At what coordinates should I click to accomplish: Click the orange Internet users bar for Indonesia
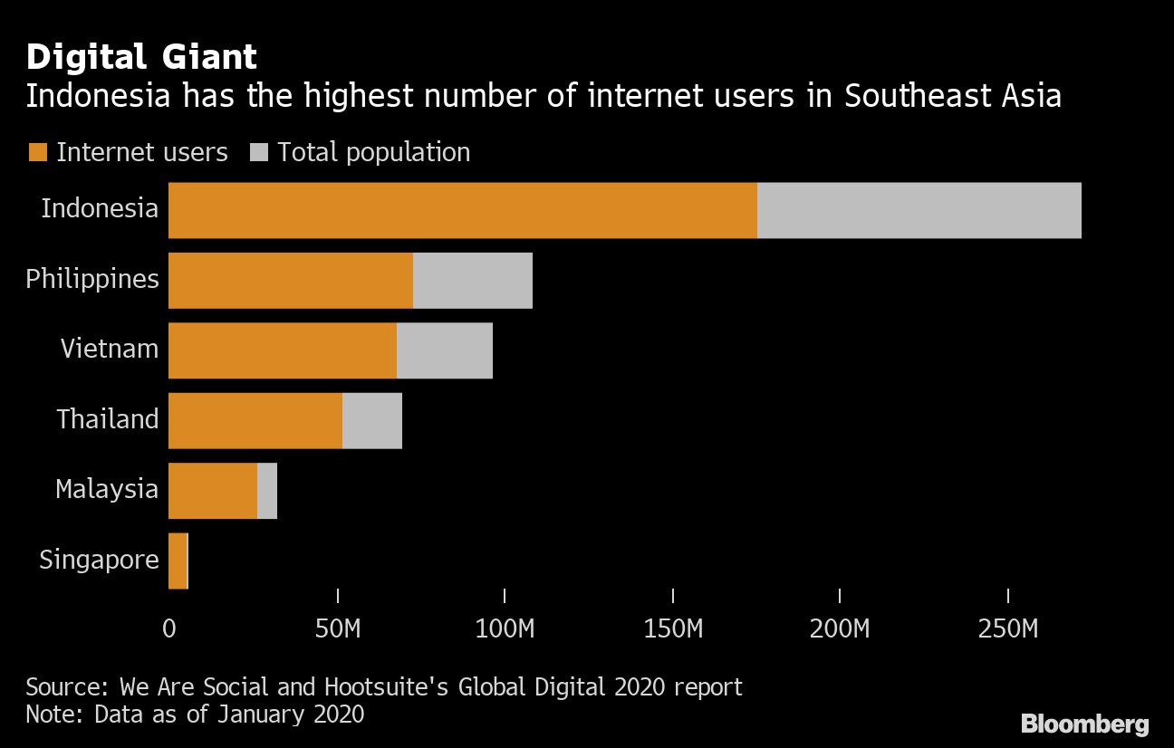coord(462,210)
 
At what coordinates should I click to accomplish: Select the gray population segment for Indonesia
coord(919,210)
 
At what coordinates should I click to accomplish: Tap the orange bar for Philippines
coord(290,280)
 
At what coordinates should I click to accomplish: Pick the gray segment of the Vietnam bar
coord(444,350)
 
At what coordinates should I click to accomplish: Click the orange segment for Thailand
coord(255,420)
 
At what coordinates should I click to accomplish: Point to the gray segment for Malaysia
coord(267,491)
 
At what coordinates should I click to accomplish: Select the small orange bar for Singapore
coord(177,561)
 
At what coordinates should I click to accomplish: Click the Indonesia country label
coord(100,208)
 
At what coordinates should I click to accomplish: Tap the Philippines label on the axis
coord(91,279)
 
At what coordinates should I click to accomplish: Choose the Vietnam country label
coord(109,349)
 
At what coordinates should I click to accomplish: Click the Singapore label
coord(99,560)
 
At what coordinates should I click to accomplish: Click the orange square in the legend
coord(37,152)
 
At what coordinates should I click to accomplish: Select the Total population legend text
coord(373,152)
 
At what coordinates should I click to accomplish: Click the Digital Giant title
coord(141,57)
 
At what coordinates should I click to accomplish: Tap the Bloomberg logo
coord(1084,724)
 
